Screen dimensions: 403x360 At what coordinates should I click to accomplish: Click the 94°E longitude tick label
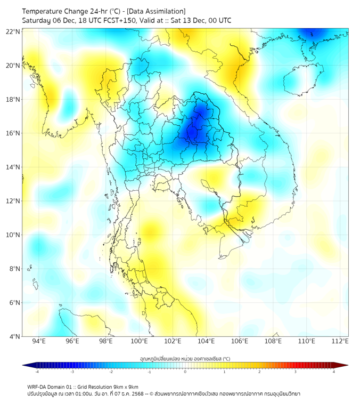click(39, 342)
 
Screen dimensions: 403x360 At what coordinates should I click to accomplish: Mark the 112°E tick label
click(340, 342)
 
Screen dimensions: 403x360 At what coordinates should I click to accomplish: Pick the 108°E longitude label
click(273, 342)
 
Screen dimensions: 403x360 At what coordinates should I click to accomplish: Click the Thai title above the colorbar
click(185, 358)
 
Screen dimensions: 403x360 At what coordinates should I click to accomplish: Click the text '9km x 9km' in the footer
click(126, 387)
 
